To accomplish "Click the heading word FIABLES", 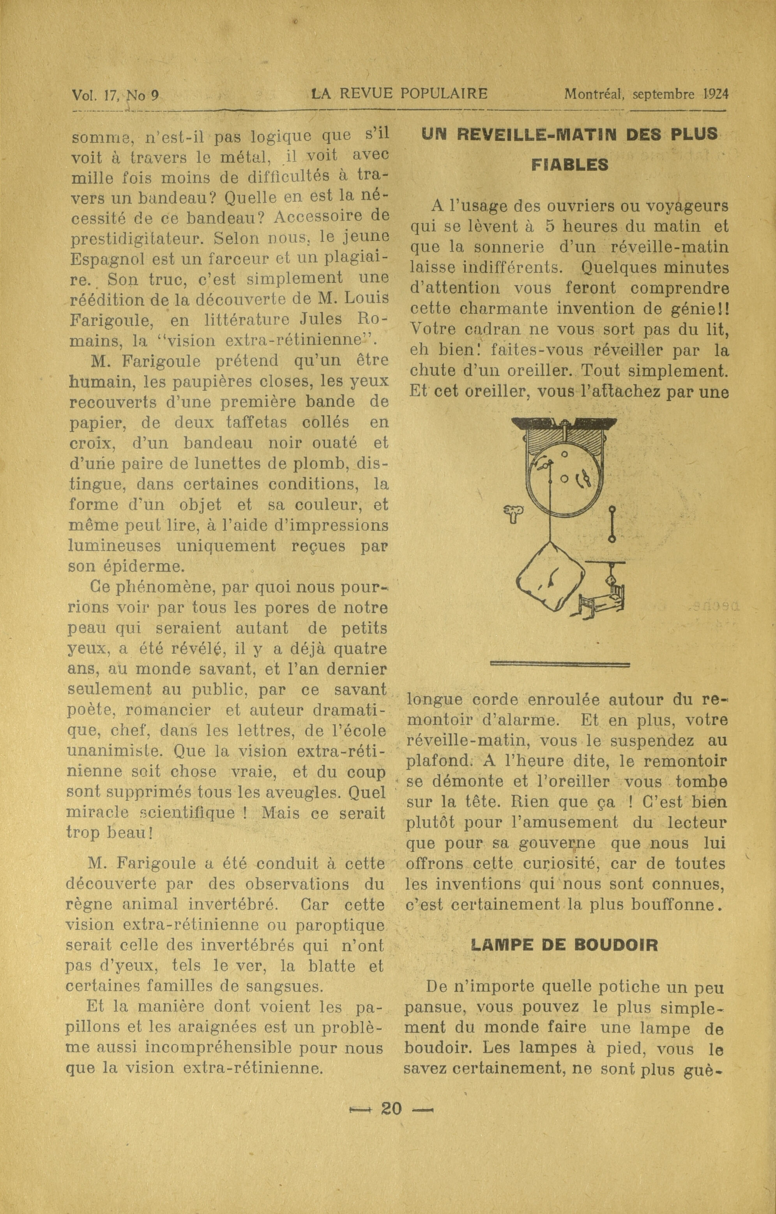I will pos(570,165).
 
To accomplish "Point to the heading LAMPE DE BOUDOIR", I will pos(564,944).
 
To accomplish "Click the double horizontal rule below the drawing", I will pos(560,665).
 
